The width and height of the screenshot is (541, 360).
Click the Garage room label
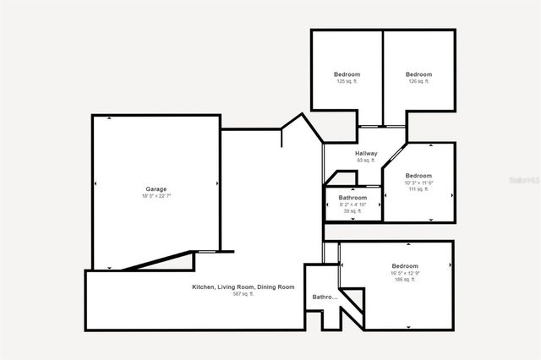point(156,188)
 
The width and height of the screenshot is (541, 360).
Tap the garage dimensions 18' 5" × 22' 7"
point(156,196)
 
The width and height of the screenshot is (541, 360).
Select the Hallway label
point(366,153)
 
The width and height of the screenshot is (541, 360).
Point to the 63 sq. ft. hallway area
point(366,160)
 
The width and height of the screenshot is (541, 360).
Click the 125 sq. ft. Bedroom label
point(347,74)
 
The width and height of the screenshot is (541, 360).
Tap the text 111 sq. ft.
point(418,189)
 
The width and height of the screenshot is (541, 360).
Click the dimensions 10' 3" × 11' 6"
point(418,183)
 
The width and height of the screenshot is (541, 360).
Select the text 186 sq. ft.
point(406,280)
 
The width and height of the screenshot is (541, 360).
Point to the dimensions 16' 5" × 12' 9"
point(406,273)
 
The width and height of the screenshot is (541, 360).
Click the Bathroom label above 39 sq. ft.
point(352,198)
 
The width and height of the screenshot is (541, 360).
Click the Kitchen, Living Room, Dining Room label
point(243,287)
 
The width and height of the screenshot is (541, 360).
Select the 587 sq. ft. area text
point(243,294)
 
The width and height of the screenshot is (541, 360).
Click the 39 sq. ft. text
point(352,211)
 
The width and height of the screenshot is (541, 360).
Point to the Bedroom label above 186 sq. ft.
point(406,266)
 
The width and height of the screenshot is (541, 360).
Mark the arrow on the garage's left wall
point(96,183)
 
